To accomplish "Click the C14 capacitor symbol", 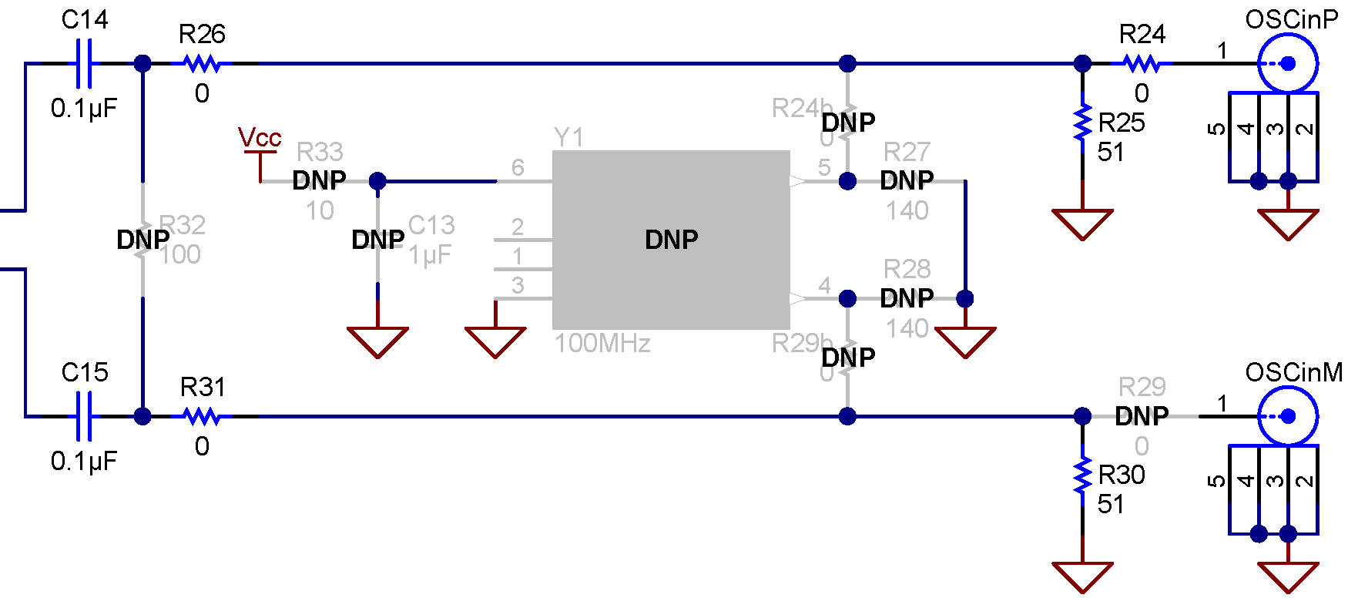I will click(x=85, y=64).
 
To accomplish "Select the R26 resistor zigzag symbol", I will click(x=202, y=64).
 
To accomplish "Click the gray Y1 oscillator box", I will click(x=671, y=240).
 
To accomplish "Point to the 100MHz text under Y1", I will click(x=602, y=343).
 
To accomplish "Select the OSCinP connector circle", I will click(x=1287, y=64).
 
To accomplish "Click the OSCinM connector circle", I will click(x=1287, y=416).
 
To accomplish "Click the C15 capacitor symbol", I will click(x=85, y=416).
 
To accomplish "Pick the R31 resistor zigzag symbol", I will click(x=202, y=416).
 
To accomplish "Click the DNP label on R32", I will click(x=143, y=240).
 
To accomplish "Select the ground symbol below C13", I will click(x=377, y=341).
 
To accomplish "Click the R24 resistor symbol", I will click(x=1142, y=64).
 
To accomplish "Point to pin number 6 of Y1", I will click(x=518, y=167).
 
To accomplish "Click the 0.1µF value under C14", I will click(x=84, y=109).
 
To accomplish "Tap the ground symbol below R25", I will click(x=1082, y=223).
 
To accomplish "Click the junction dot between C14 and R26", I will click(x=143, y=64).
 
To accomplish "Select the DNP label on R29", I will click(x=1142, y=416).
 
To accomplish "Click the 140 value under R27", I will click(x=907, y=210).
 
